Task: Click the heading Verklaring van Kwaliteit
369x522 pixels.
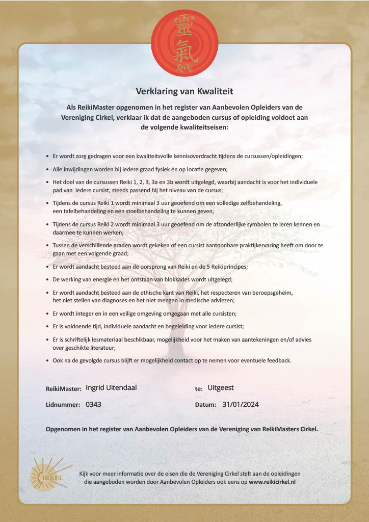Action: (x=184, y=92)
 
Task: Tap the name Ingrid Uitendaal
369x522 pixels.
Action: (x=111, y=388)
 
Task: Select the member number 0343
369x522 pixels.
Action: (x=94, y=405)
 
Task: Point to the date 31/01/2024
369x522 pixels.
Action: (x=241, y=405)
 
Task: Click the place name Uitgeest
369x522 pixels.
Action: (x=221, y=388)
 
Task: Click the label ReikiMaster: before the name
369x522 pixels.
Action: (x=64, y=388)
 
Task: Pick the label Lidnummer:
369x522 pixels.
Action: (x=63, y=405)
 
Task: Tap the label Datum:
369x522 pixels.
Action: (x=206, y=405)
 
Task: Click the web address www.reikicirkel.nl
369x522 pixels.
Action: (x=272, y=481)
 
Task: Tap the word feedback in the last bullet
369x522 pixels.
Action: (x=277, y=360)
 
